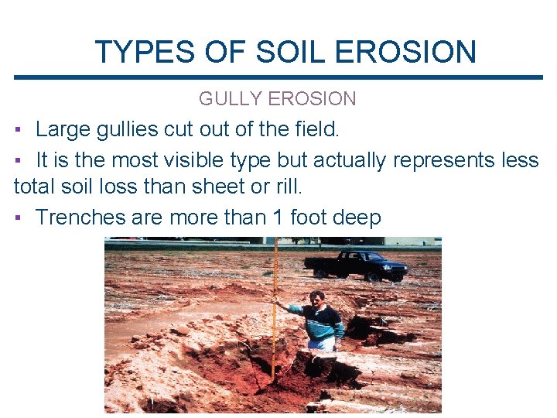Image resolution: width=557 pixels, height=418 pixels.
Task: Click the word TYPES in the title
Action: [x=145, y=52]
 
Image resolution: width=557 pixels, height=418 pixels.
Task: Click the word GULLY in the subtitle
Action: [x=230, y=99]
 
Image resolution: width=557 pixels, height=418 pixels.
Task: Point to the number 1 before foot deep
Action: [x=278, y=218]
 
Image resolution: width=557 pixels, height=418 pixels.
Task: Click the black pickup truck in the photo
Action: [x=356, y=265]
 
